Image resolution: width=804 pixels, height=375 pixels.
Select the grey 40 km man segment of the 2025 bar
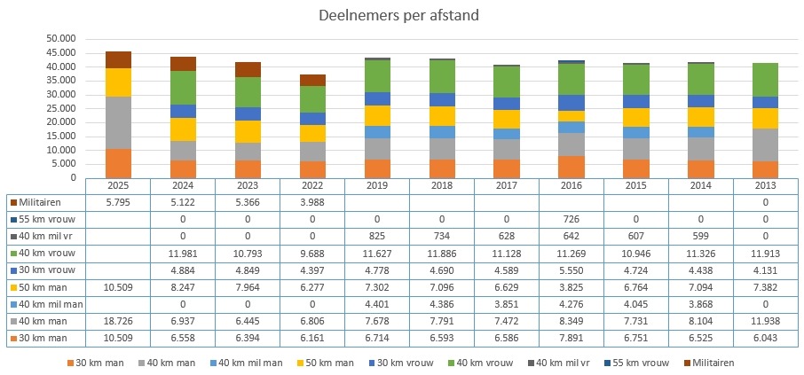(x=118, y=122)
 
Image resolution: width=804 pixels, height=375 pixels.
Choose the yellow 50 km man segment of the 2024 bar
(x=182, y=129)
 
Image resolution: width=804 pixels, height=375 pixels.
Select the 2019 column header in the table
(x=376, y=186)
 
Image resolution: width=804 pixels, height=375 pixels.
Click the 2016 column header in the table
(x=570, y=186)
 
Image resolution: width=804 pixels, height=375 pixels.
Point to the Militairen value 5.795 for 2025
(x=118, y=202)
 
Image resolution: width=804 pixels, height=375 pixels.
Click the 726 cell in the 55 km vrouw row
(x=570, y=218)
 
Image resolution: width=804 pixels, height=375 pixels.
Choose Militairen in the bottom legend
(x=713, y=362)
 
